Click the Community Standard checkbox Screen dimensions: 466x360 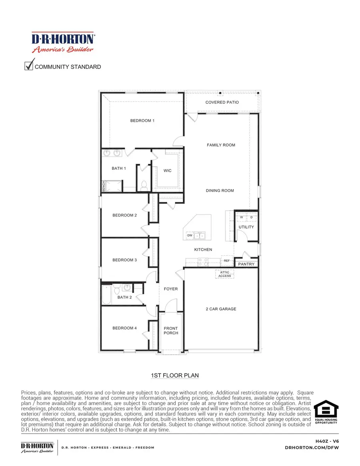click(x=29, y=66)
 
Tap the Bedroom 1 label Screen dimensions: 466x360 click(x=142, y=121)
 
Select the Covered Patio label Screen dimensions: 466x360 click(x=222, y=102)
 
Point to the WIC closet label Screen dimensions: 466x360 click(x=168, y=171)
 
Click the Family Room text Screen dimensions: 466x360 click(x=221, y=145)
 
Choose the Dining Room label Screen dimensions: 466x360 click(x=220, y=191)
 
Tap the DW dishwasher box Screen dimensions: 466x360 click(x=190, y=235)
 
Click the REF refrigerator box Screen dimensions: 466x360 click(x=227, y=261)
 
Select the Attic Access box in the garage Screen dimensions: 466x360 click(x=224, y=274)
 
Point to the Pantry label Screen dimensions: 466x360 click(x=246, y=264)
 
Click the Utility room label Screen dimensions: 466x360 click(x=246, y=227)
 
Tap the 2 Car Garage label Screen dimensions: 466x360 click(x=221, y=309)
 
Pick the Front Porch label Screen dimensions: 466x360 click(x=171, y=331)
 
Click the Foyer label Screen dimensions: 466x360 click(x=171, y=289)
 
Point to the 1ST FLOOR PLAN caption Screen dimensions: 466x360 click(x=175, y=376)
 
